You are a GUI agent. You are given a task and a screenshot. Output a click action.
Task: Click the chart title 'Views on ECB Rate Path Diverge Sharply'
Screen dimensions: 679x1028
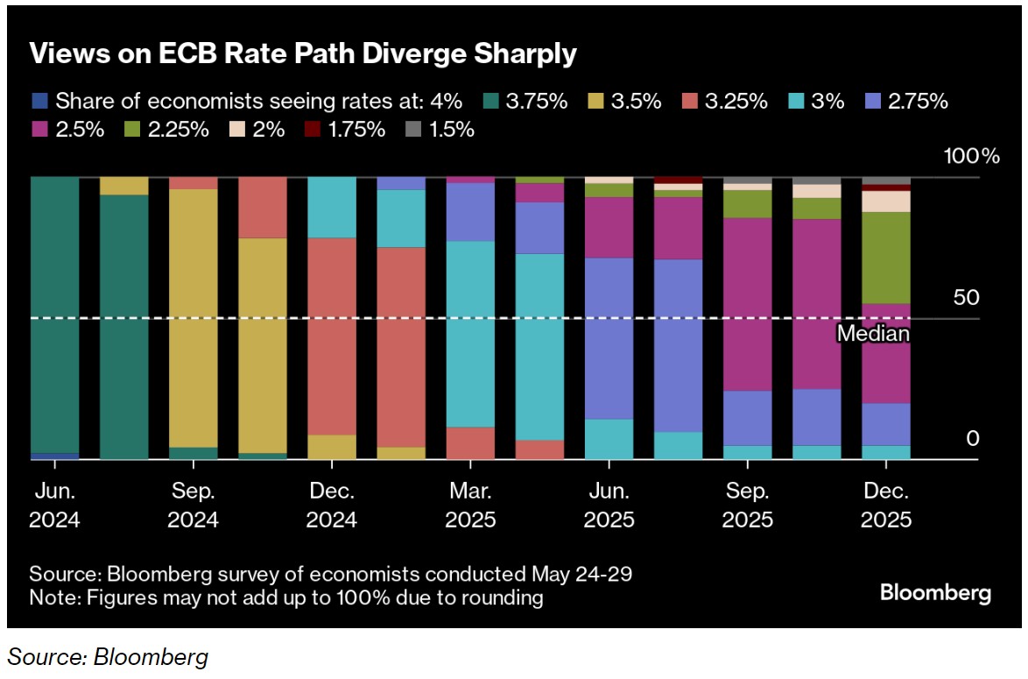(x=303, y=53)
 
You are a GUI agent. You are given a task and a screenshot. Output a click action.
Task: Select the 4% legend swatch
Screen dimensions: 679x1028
(x=37, y=101)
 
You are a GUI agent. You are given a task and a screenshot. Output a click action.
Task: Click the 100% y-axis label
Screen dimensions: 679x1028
(x=971, y=157)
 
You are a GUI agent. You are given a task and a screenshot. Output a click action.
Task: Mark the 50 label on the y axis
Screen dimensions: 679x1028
(x=966, y=297)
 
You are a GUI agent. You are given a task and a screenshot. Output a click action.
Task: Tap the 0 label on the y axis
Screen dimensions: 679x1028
(x=972, y=438)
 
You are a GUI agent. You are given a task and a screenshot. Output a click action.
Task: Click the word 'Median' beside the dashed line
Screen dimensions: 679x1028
(x=873, y=334)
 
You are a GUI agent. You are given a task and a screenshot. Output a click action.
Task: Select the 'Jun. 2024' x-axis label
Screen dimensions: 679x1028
(x=54, y=505)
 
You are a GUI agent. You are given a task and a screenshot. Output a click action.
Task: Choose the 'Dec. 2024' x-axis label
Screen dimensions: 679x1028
(x=332, y=505)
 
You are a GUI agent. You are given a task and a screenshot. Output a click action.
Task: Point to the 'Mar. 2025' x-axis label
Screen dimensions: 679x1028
(x=470, y=505)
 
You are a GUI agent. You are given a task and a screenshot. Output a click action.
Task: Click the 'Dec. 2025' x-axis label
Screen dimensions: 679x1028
(x=886, y=505)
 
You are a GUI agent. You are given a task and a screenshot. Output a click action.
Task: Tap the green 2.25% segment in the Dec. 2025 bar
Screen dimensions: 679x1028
(x=886, y=258)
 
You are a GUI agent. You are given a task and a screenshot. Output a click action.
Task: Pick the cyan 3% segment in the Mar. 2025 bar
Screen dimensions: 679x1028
(x=470, y=333)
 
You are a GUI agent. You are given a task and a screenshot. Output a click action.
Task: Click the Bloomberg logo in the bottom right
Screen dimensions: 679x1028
(x=935, y=593)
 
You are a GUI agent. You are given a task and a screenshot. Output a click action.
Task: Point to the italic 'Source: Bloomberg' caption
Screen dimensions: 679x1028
(x=109, y=656)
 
